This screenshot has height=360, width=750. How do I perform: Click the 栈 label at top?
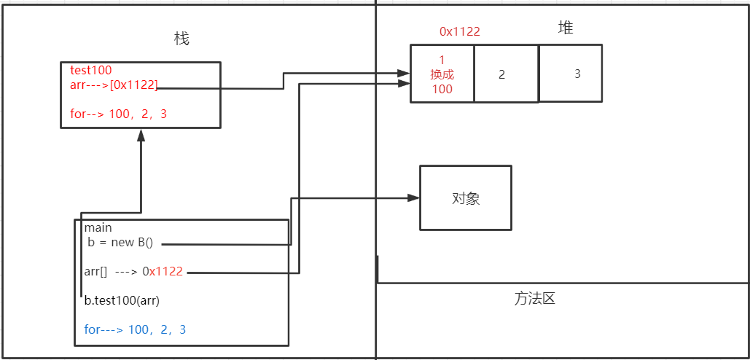point(182,39)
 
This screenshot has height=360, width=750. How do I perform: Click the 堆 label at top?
point(566,28)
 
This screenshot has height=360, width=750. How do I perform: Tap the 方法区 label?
point(535,299)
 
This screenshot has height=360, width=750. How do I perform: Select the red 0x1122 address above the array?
point(460,31)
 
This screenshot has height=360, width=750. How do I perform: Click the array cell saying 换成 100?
point(442,74)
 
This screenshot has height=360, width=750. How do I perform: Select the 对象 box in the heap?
point(465,198)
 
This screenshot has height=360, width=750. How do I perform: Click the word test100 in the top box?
point(91,71)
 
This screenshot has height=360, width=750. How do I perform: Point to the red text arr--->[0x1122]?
point(114,85)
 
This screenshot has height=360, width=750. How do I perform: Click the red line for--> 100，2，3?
point(122,114)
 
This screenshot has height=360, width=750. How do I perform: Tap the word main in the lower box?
point(98,228)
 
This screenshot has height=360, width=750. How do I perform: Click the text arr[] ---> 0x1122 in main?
point(133,272)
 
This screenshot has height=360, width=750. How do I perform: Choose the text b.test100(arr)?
point(122,300)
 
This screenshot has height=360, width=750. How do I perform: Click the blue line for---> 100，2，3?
point(135,329)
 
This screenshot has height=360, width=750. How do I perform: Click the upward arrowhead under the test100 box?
point(141,136)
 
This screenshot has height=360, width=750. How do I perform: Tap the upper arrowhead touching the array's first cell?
point(404,73)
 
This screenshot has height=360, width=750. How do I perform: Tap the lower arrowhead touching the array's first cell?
point(404,84)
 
